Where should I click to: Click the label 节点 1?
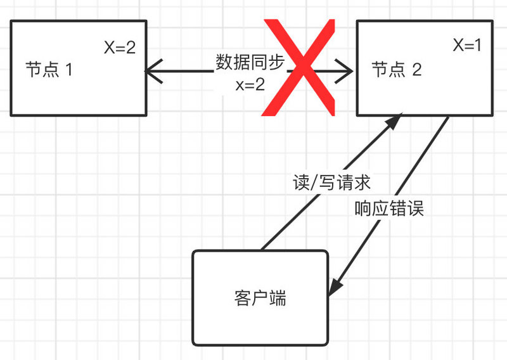49,69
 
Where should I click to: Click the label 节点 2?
396,69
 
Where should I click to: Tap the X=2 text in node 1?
119,48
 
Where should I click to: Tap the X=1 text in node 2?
468,46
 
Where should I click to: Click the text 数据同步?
250,63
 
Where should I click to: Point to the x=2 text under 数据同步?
250,84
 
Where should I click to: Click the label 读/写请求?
331,183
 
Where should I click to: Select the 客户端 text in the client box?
260,298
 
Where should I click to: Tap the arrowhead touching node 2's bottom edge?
394,122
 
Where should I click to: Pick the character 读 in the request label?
300,183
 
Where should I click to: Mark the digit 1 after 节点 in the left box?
68,70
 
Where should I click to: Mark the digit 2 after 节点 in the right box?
416,70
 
